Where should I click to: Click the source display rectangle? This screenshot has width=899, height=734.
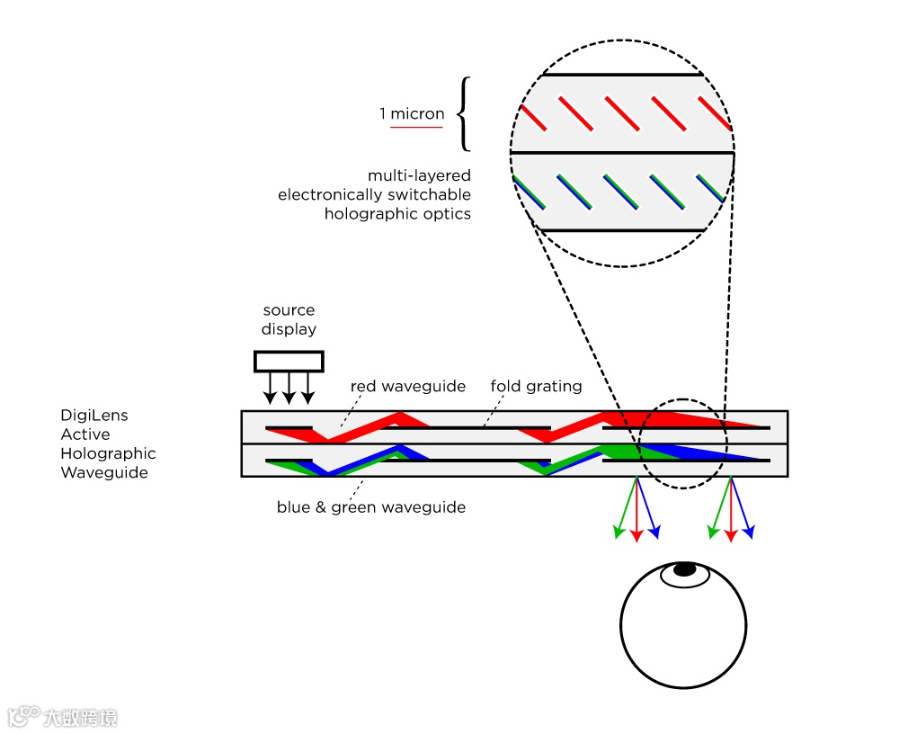point(289,361)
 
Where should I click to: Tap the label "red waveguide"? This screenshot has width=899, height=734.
point(408,387)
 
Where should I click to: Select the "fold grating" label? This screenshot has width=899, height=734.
point(536,387)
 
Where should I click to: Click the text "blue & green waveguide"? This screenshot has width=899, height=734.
point(370,507)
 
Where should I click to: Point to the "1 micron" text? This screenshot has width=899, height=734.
point(412,114)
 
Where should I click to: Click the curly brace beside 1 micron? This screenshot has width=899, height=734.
point(464,114)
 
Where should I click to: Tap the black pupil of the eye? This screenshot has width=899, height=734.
point(685,568)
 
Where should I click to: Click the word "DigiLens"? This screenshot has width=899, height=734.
point(94,416)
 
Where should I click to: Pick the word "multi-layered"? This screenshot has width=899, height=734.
point(419,175)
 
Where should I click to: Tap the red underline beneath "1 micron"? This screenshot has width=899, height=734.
point(416,127)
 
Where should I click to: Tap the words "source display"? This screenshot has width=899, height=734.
point(289,319)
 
